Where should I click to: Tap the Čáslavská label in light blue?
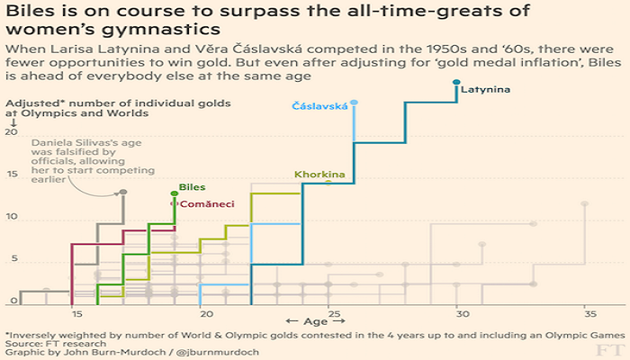tap(319, 106)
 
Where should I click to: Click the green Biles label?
tap(193, 187)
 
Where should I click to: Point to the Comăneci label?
tap(207, 204)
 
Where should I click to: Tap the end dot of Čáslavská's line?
tap(355, 103)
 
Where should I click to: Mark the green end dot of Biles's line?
tap(175, 193)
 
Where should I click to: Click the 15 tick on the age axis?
tap(76, 314)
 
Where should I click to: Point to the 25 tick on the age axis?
tap(333, 314)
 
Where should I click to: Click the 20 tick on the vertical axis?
tap(12, 132)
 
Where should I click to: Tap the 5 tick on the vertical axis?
tap(12, 259)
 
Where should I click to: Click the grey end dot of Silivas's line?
tap(123, 193)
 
